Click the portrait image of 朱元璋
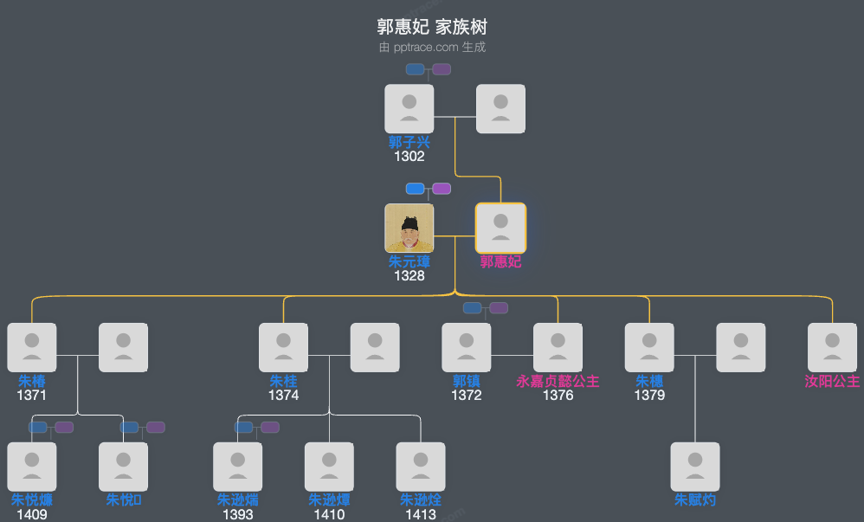(x=409, y=228)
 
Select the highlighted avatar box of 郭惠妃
(x=500, y=228)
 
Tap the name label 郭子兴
(x=409, y=143)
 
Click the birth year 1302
(x=409, y=157)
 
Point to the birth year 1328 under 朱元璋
(x=409, y=276)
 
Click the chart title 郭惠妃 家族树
(x=432, y=27)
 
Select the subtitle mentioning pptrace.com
(x=432, y=48)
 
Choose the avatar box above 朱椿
(x=32, y=347)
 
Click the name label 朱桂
(x=283, y=381)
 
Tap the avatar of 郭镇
(x=467, y=347)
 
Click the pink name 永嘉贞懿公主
(x=558, y=381)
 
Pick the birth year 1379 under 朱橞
(x=649, y=396)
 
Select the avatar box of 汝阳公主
(x=832, y=347)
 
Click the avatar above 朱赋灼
(x=695, y=467)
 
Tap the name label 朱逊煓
(x=237, y=500)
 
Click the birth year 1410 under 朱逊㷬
(x=329, y=515)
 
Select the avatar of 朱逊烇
(x=421, y=467)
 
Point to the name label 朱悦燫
(x=32, y=500)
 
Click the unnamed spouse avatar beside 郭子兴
(x=500, y=109)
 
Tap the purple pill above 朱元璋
(x=442, y=189)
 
